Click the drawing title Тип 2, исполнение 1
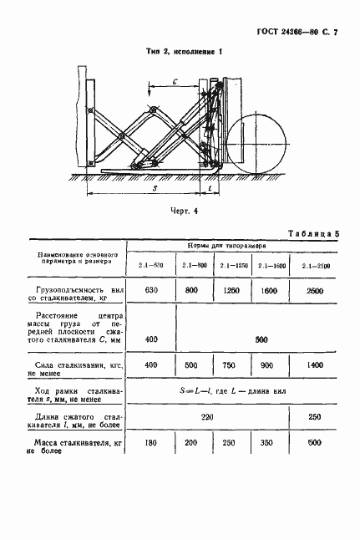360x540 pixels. pyautogui.click(x=180, y=52)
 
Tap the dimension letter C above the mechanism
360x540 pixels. pyautogui.click(x=175, y=81)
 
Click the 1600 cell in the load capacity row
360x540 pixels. pyautogui.click(x=273, y=291)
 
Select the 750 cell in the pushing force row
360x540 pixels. pyautogui.click(x=232, y=365)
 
